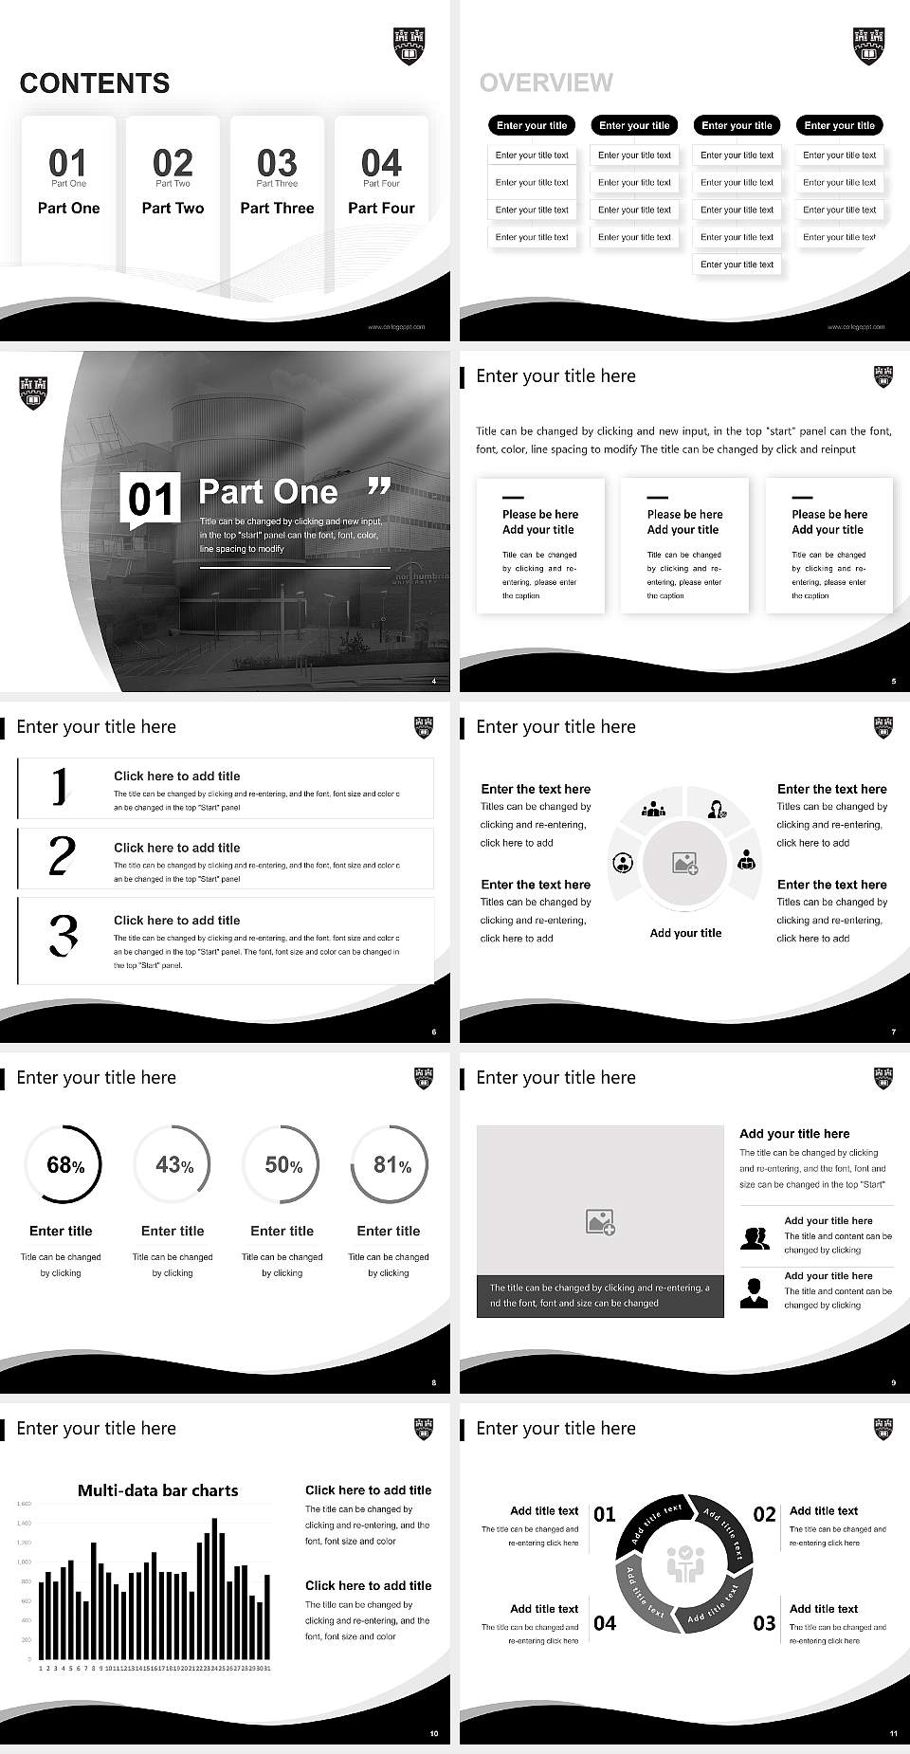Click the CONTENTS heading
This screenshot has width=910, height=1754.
[95, 83]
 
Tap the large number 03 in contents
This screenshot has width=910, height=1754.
[277, 163]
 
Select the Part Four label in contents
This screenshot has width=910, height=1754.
[381, 208]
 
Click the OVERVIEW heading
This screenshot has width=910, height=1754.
[546, 82]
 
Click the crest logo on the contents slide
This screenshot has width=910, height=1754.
[409, 46]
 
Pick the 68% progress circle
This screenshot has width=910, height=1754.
[62, 1164]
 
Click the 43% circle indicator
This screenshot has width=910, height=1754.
[172, 1164]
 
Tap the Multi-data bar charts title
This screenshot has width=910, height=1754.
[157, 1490]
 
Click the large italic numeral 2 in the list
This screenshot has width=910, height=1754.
[62, 856]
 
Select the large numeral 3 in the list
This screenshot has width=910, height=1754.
[63, 935]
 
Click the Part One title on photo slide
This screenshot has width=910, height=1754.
[267, 491]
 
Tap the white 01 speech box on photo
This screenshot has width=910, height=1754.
[151, 500]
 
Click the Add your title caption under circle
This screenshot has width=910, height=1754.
[685, 933]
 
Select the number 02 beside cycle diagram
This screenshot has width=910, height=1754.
[764, 1514]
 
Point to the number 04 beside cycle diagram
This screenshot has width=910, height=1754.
[605, 1623]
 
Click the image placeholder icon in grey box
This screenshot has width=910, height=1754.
[600, 1221]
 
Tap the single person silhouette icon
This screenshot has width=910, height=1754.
[754, 1292]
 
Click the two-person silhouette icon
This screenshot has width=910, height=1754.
[755, 1238]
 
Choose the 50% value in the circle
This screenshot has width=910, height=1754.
[282, 1164]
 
